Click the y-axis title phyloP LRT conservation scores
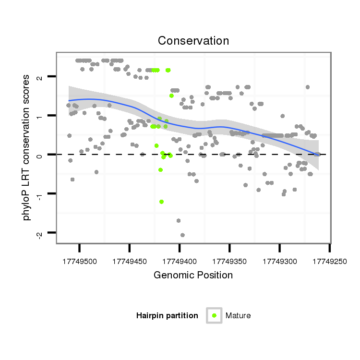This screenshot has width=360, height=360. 27,148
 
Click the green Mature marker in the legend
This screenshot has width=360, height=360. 214,315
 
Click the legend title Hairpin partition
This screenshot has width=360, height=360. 167,315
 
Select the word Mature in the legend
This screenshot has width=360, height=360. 238,315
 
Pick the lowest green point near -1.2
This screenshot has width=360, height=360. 162,202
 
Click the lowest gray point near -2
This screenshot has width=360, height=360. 182,235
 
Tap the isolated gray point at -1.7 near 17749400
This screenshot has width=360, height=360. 178,220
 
